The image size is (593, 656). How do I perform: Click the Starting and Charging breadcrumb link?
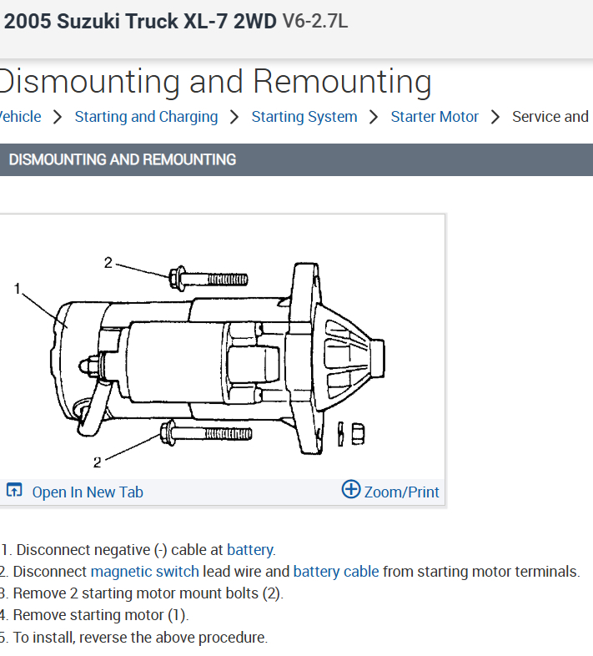pos(146,117)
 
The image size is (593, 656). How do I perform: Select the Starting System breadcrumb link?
pos(304,117)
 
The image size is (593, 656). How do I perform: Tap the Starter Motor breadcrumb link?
pos(435,117)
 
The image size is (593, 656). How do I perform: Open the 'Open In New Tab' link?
pos(87,492)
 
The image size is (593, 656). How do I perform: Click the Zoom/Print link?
pos(401,492)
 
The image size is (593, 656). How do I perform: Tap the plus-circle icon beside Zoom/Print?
pos(351,490)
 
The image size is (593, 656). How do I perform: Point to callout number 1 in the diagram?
pos(17,289)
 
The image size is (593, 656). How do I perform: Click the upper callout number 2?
pos(108,262)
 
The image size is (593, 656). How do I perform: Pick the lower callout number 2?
pos(97,462)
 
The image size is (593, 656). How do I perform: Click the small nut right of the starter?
pos(356,433)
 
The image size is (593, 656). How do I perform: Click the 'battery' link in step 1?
pos(249,550)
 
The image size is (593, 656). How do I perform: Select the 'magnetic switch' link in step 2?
pos(144,572)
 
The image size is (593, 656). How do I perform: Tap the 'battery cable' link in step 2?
pos(336,572)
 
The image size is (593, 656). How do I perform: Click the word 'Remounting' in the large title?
pos(342,82)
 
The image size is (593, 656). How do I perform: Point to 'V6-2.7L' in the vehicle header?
pos(314,22)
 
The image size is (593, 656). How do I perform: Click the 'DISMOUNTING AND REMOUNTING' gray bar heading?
pos(123,159)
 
